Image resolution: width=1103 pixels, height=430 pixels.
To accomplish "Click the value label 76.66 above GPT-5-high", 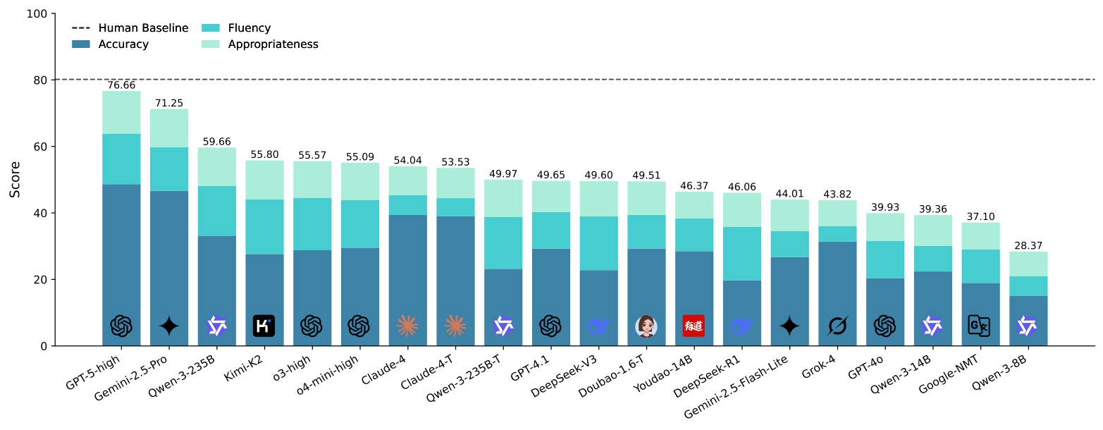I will (x=121, y=85).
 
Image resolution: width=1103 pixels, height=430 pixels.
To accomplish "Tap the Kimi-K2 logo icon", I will (x=264, y=326).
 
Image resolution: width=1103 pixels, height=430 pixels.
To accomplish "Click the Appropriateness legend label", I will (x=273, y=44).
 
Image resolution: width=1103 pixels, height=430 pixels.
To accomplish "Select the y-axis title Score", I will (x=15, y=180).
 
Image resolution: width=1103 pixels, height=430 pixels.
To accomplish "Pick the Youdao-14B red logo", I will (x=694, y=326).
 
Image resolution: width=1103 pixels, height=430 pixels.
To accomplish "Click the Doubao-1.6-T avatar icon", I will (x=646, y=326).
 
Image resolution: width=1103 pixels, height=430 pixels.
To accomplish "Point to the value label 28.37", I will (x=1028, y=246).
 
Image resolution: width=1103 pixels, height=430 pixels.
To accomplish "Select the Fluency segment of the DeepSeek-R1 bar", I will (x=741, y=254).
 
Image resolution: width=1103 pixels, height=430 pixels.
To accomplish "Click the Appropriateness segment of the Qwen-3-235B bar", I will (x=217, y=166).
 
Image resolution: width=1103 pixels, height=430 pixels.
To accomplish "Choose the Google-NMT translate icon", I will (x=980, y=326).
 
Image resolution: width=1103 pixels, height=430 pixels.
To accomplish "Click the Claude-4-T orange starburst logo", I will (x=455, y=326).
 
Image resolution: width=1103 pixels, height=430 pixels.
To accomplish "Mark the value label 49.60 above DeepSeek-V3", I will (x=598, y=176).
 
